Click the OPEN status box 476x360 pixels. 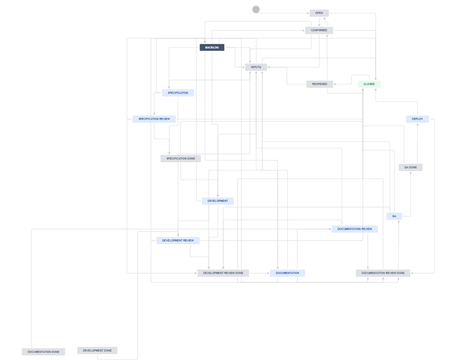pos(319,13)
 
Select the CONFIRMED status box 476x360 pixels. pos(319,30)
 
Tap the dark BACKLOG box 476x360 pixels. pos(212,48)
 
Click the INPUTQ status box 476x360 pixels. pos(256,67)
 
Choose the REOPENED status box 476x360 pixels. pos(319,84)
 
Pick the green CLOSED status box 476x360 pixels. pos(369,84)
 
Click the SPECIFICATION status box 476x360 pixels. pos(178,93)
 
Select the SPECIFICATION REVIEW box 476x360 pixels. pos(154,119)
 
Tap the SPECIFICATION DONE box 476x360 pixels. pos(181,159)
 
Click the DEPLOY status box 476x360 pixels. pos(417,119)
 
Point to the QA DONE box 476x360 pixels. pos(410,168)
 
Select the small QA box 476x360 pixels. pos(394,216)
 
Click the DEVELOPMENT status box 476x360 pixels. pos(218,201)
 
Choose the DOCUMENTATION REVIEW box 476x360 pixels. pos(354,229)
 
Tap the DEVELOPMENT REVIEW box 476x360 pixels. pos(178,240)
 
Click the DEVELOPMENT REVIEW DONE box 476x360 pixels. pos(223,273)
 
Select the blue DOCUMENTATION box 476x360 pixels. pos(287,273)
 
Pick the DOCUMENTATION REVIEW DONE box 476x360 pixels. pos(383,273)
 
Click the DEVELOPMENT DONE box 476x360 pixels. pos(97,350)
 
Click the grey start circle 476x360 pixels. pos(256,10)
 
